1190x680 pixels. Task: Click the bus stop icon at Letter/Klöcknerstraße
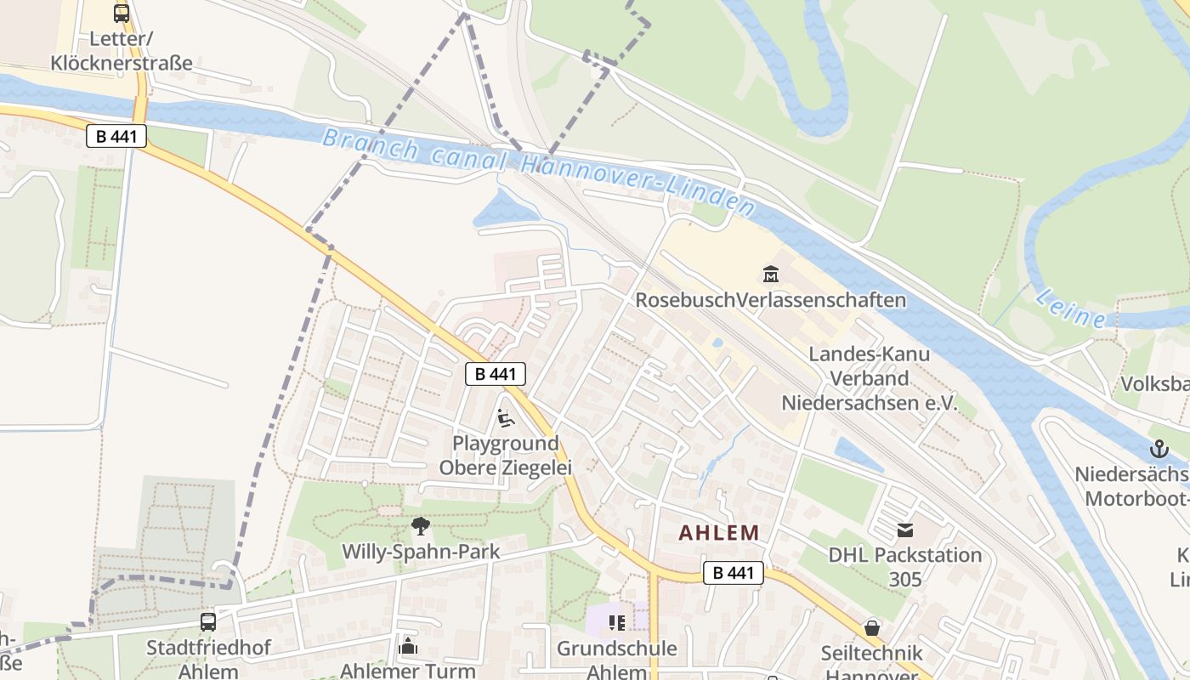tap(122, 14)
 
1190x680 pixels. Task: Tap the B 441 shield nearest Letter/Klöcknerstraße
tap(116, 136)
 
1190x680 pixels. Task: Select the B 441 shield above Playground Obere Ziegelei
tap(496, 374)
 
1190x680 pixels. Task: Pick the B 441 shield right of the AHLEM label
tap(733, 573)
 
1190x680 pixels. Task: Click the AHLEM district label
tap(718, 533)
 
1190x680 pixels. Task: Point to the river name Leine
tap(1070, 308)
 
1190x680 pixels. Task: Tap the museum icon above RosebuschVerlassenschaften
tap(771, 275)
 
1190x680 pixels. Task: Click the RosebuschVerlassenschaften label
tap(770, 300)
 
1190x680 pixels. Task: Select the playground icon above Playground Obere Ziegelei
tap(505, 418)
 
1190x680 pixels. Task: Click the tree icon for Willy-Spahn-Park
tap(421, 526)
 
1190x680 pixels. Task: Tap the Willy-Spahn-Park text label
tap(421, 552)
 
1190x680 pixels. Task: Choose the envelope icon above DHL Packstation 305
tap(905, 530)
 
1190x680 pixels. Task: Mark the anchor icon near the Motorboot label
tap(1159, 449)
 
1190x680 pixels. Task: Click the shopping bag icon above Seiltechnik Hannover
tap(872, 628)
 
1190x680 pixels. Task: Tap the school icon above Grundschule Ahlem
tap(617, 623)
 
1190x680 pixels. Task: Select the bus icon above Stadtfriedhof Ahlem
tap(208, 621)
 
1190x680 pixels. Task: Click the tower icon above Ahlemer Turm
tap(408, 646)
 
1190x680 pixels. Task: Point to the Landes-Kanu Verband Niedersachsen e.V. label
tap(869, 379)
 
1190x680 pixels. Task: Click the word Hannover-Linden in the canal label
tap(637, 182)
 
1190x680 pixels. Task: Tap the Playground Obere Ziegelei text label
tap(505, 456)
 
